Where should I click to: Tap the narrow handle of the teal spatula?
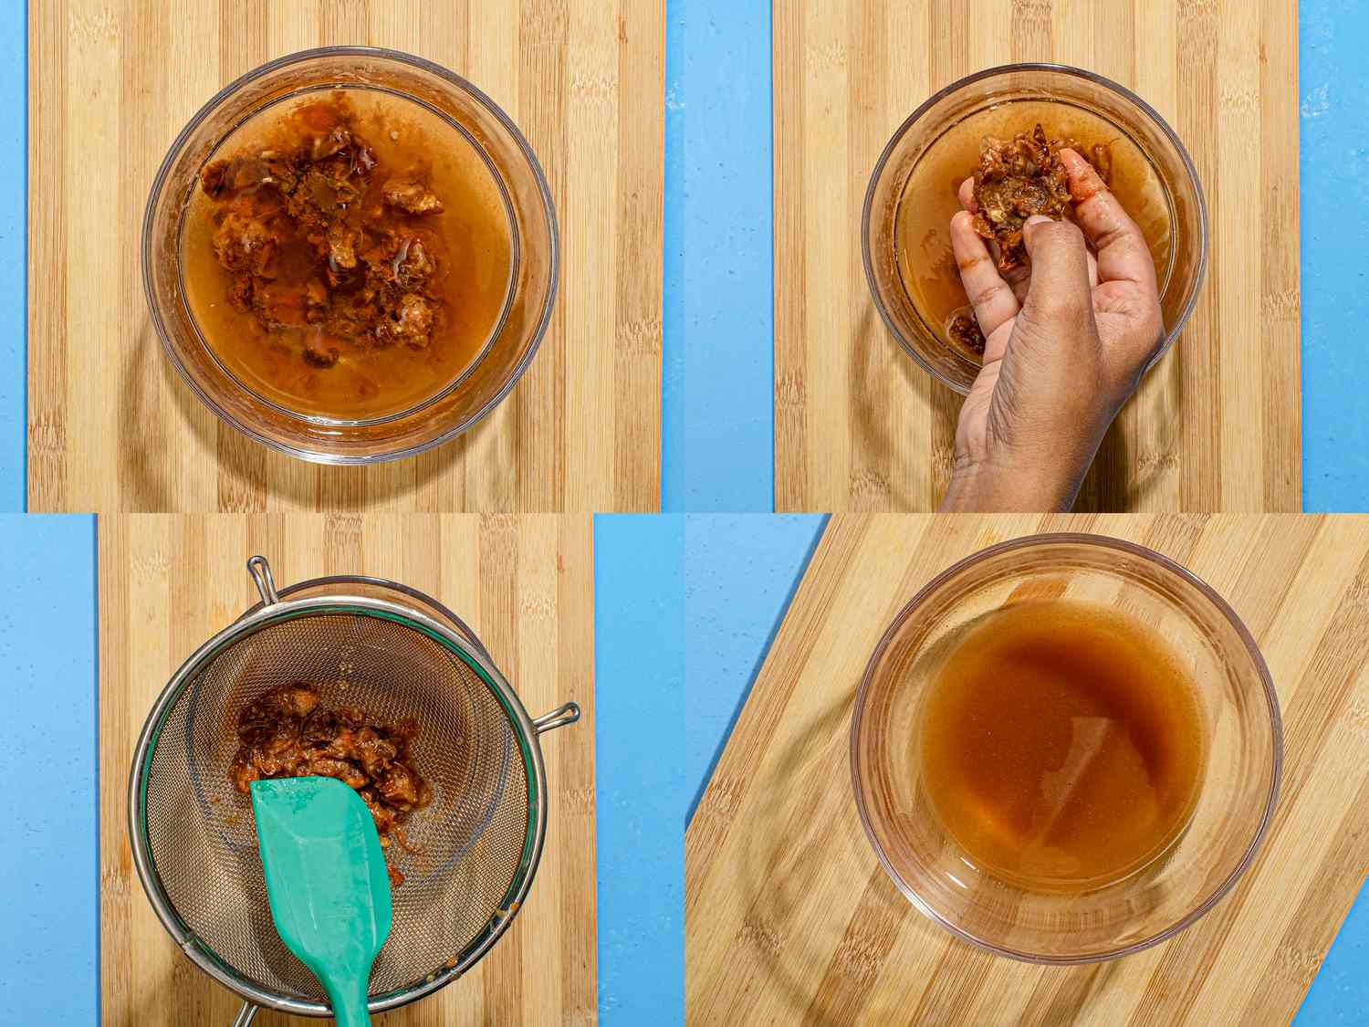pyautogui.click(x=340, y=990)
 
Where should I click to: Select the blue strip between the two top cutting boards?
pyautogui.click(x=716, y=256)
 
